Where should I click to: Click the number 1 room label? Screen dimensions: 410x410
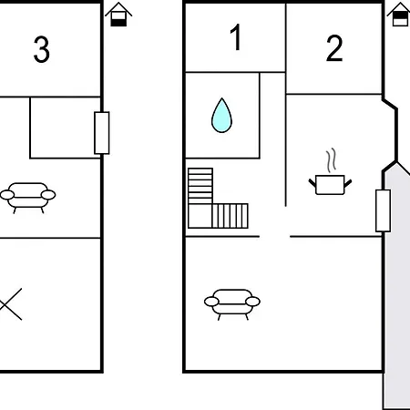pyautogui.click(x=236, y=37)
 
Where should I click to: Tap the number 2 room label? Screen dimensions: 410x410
pyautogui.click(x=334, y=48)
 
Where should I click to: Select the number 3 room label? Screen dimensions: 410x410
pyautogui.click(x=41, y=49)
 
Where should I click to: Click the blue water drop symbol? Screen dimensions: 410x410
pyautogui.click(x=221, y=116)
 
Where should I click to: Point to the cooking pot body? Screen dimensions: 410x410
pyautogui.click(x=330, y=185)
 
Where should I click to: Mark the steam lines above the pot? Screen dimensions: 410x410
pyautogui.click(x=332, y=159)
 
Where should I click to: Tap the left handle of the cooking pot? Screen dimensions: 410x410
pyautogui.click(x=313, y=183)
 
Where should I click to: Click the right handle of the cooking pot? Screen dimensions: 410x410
pyautogui.click(x=348, y=183)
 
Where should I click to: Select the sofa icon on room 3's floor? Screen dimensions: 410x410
pyautogui.click(x=27, y=198)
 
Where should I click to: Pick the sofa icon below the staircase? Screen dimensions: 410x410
pyautogui.click(x=232, y=304)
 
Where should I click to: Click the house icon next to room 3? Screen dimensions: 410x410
pyautogui.click(x=118, y=15)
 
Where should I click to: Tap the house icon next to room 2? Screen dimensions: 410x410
pyautogui.click(x=399, y=15)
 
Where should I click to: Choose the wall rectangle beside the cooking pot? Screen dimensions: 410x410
pyautogui.click(x=383, y=210)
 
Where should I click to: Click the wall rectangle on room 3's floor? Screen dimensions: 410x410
pyautogui.click(x=102, y=133)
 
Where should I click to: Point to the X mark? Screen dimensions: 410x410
pyautogui.click(x=10, y=304)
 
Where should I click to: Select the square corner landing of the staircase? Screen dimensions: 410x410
pyautogui.click(x=200, y=216)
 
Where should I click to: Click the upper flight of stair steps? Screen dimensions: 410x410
pyautogui.click(x=200, y=186)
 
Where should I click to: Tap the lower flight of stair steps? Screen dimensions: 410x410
pyautogui.click(x=230, y=216)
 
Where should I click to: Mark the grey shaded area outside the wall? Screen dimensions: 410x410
pyautogui.click(x=396, y=285)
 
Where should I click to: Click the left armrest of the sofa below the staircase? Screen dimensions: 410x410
pyautogui.click(x=211, y=302)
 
